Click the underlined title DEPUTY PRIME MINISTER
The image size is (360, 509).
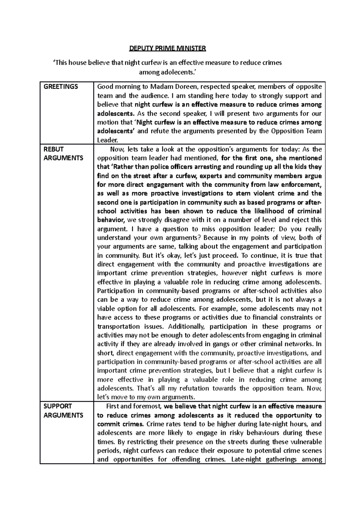167,48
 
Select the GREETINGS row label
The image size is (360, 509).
61,87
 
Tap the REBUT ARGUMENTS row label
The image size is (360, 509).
63,153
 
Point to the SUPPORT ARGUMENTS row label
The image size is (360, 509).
63,411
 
